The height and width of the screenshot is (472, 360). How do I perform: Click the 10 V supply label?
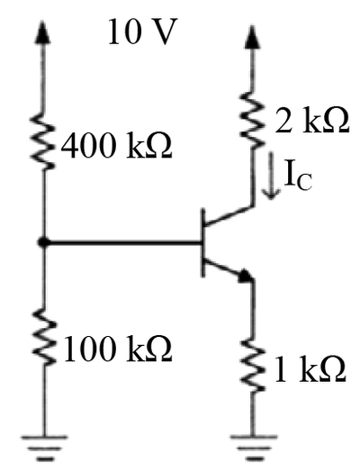point(141,32)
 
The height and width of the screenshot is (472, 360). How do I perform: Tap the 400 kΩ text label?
point(116,145)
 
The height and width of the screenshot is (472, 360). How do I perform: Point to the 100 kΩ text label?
point(117,348)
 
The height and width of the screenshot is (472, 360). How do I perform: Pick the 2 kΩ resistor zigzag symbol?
point(253,120)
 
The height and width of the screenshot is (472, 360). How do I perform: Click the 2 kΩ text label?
point(312,120)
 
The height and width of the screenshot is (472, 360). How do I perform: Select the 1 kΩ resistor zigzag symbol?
point(253,365)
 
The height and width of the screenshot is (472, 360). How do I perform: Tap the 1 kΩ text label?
point(310,368)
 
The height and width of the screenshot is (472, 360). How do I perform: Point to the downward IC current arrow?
point(271,175)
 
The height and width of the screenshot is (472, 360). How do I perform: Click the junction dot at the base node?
point(44,241)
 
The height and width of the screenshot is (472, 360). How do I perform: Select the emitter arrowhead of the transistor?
point(246,276)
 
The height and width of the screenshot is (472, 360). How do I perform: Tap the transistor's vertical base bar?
point(203,242)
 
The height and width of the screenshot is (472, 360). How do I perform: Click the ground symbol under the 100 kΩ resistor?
point(44,448)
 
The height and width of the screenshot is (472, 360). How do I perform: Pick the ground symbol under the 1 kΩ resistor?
point(253,448)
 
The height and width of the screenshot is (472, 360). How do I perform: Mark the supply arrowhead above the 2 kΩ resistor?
point(252,37)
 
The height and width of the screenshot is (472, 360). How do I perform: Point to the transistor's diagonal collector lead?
point(229,215)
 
